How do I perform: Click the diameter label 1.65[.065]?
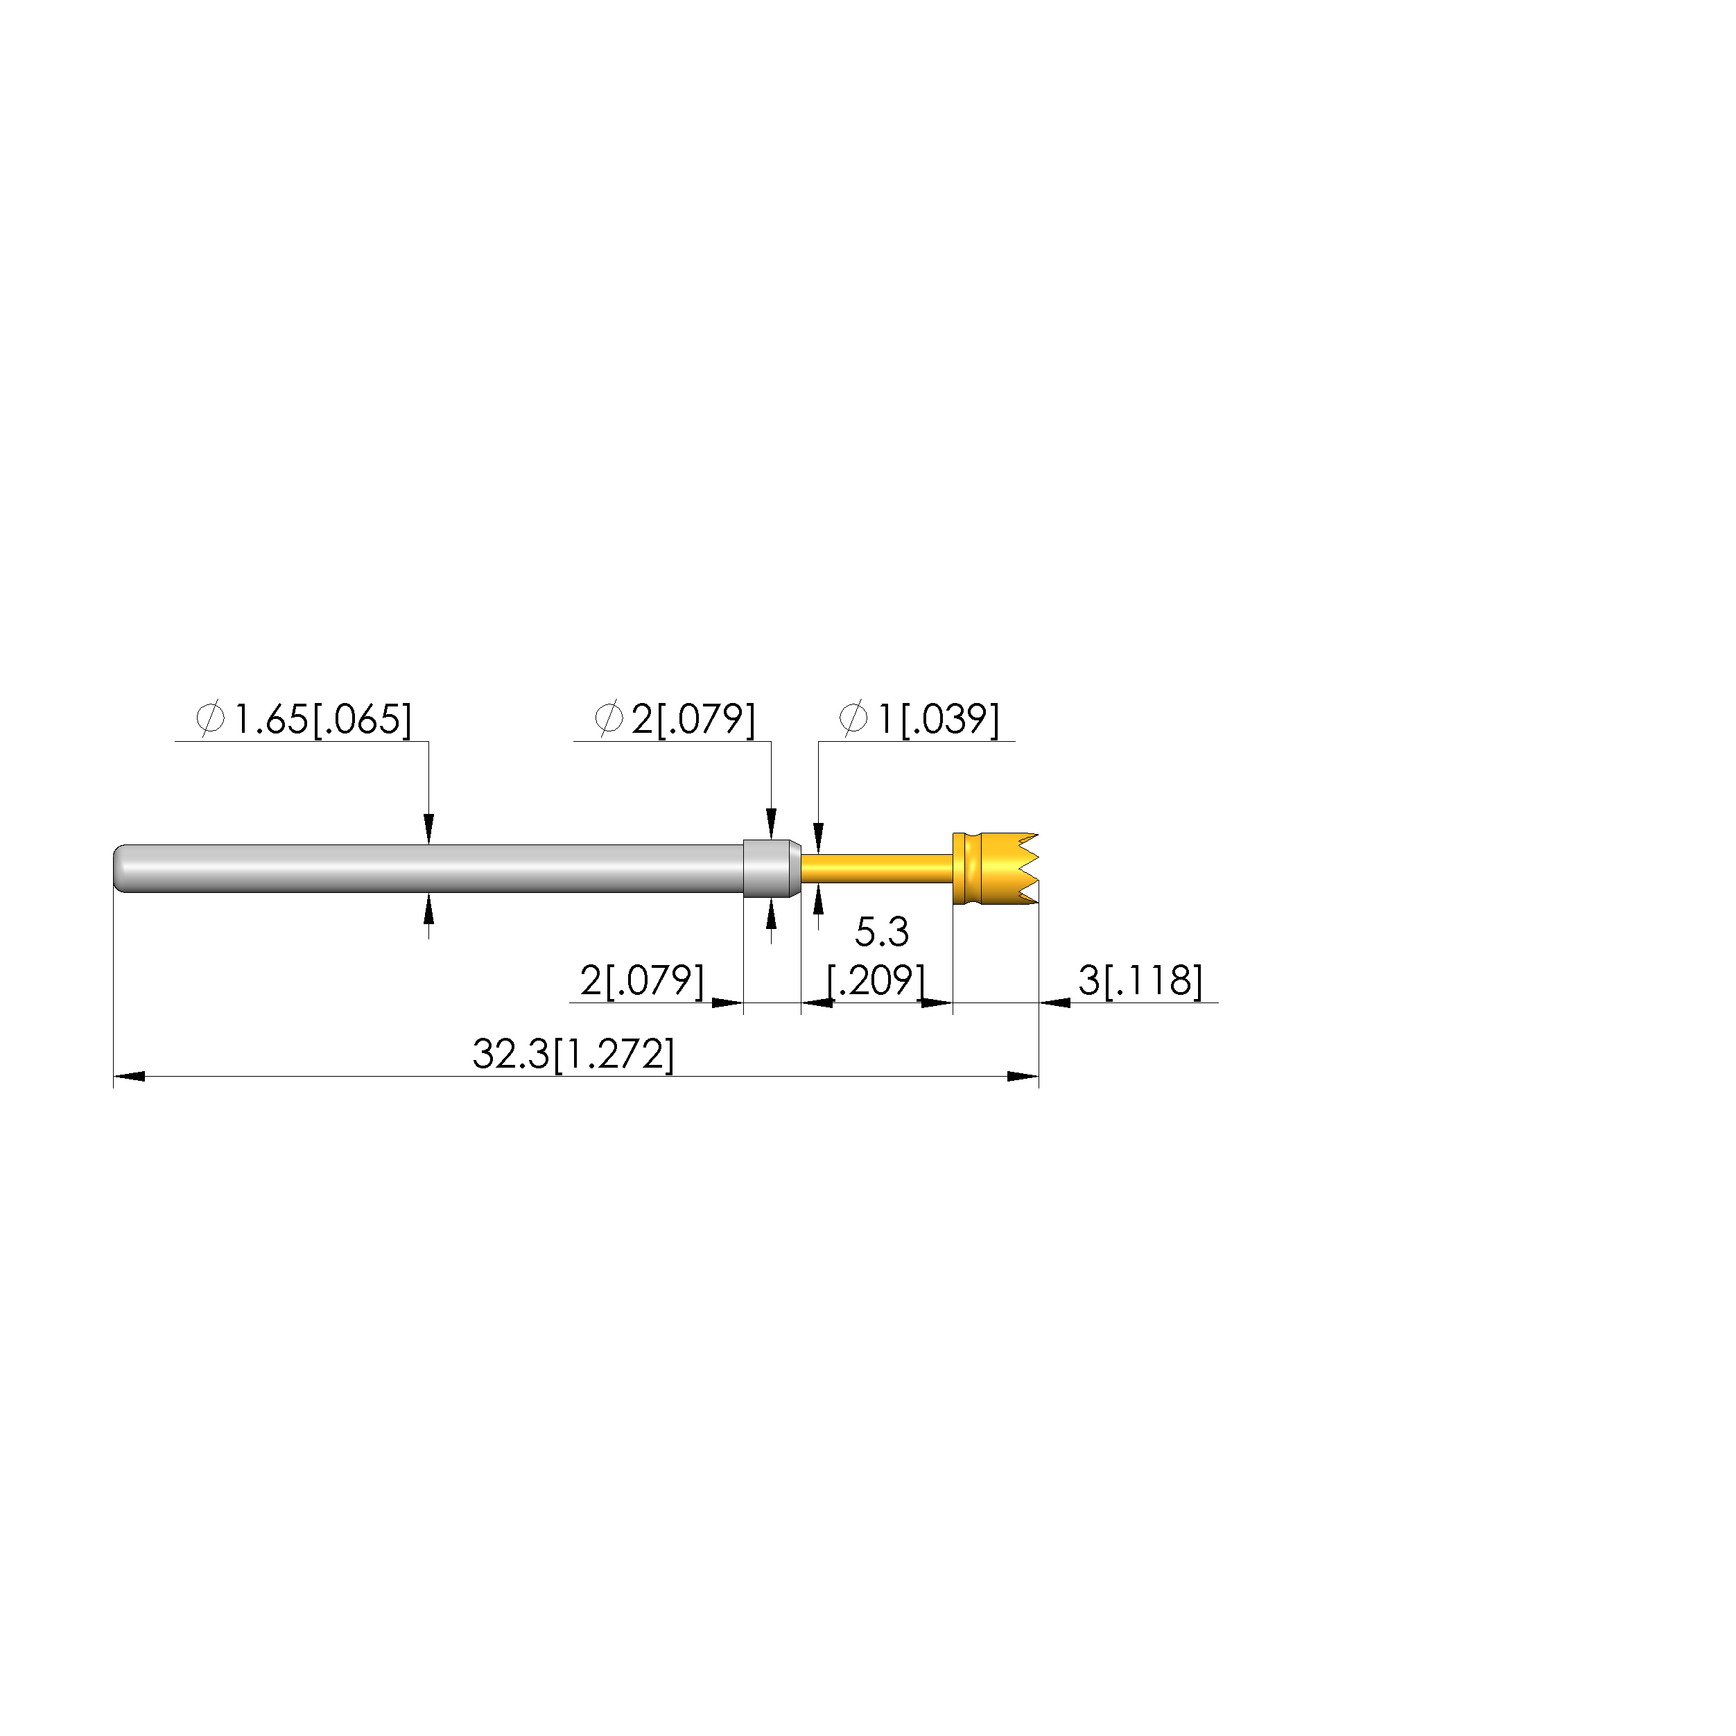(322, 720)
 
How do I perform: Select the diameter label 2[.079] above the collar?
(693, 720)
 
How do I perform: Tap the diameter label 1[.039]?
(938, 720)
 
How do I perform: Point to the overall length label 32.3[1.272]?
(573, 1054)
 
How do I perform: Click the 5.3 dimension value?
(881, 932)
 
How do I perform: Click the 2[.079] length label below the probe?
(641, 980)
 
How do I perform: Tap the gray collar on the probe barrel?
(772, 868)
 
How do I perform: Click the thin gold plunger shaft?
(877, 869)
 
